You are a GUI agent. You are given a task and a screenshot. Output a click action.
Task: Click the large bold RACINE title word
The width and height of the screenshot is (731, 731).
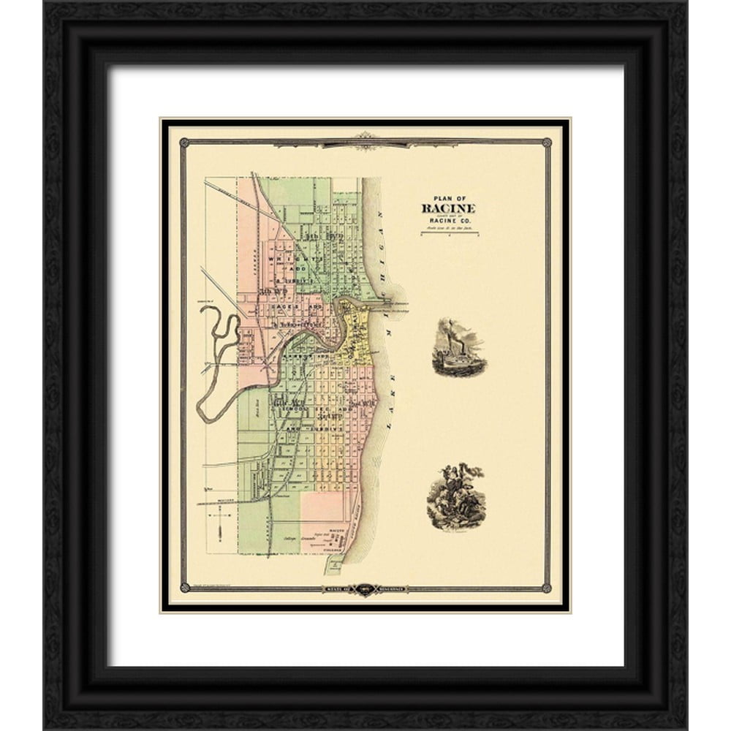[447, 208]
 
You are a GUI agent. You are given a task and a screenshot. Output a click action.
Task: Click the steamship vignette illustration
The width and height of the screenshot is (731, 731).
[458, 348]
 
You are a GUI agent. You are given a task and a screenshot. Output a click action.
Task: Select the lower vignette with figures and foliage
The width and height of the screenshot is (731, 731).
[455, 496]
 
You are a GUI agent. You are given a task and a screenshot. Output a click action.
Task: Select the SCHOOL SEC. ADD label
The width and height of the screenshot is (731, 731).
[322, 401]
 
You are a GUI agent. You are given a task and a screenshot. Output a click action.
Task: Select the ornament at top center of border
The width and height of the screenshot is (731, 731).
[364, 139]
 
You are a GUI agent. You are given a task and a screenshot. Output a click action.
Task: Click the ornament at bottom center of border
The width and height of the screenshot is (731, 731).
[364, 589]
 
